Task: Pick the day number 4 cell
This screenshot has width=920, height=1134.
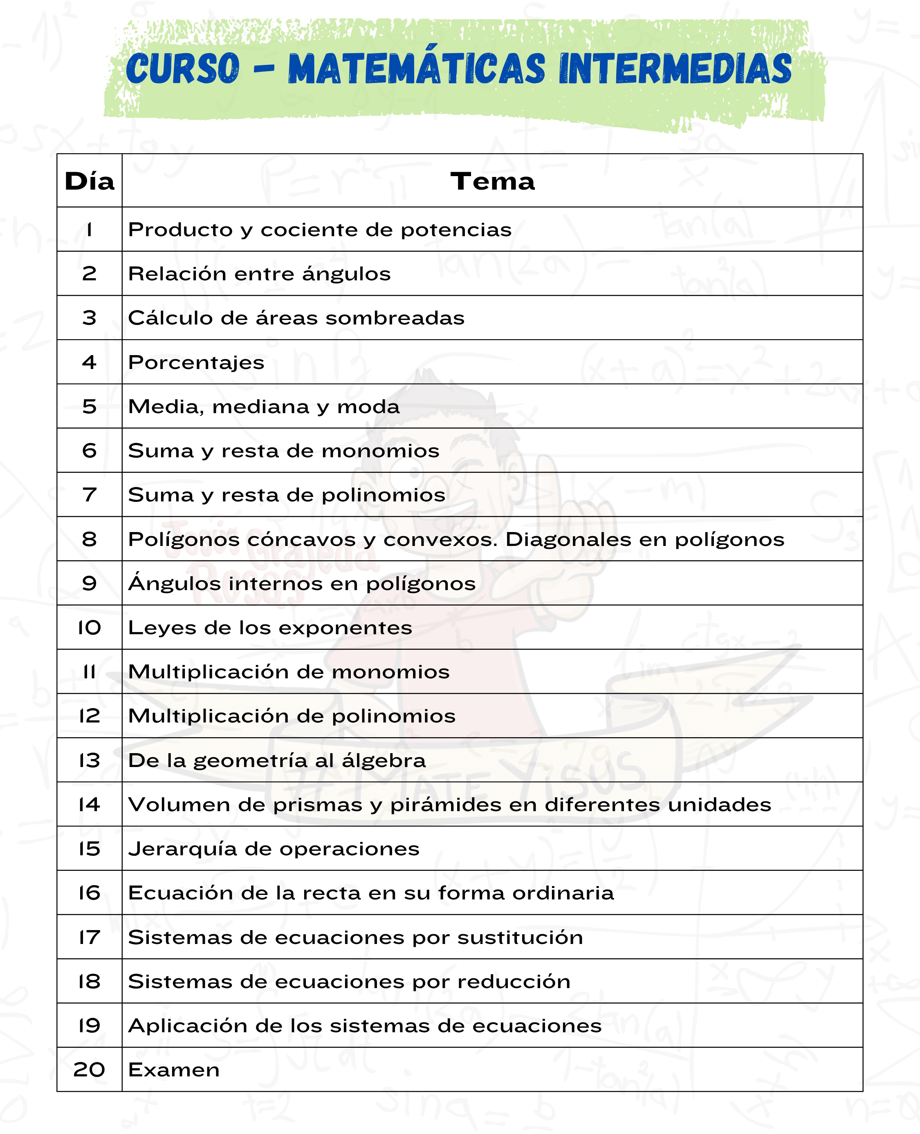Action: [x=90, y=362]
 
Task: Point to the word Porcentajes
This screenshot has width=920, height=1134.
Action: [x=196, y=363]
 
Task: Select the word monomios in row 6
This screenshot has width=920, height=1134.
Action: [x=381, y=451]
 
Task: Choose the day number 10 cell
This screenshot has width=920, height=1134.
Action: [x=90, y=628]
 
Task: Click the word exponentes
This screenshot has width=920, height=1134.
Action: [x=346, y=628]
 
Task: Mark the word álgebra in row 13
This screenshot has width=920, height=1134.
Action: [x=384, y=760]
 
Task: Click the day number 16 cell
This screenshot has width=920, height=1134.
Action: [x=90, y=893]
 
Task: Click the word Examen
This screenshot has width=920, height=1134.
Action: [x=174, y=1070]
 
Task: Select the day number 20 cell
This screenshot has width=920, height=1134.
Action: [x=90, y=1070]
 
